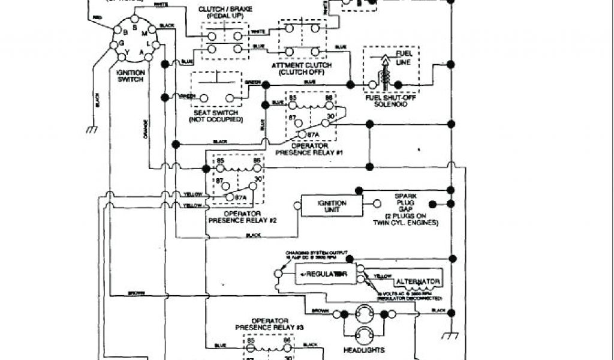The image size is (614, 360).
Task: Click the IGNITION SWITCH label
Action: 131,76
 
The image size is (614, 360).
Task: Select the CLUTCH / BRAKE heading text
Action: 222,10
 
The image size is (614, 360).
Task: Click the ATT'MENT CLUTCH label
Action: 297,68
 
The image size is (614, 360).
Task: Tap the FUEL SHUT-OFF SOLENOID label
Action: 390,100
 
